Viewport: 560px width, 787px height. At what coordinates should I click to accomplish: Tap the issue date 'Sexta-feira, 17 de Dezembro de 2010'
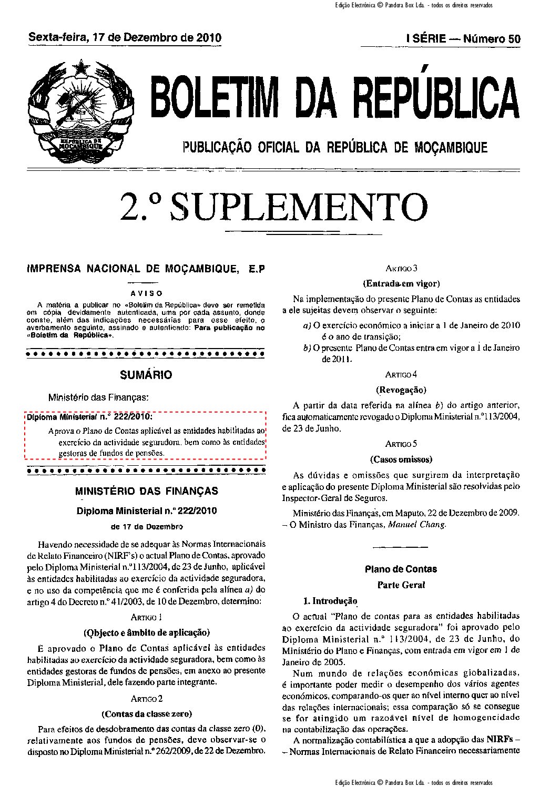click(x=125, y=38)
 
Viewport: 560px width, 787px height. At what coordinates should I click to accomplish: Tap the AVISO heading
click(x=146, y=293)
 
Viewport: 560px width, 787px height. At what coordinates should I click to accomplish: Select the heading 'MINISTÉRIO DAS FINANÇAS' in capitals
click(x=146, y=491)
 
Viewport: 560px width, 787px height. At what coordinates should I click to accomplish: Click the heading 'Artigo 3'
click(x=401, y=268)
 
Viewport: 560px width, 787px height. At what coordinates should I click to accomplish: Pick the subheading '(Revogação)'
click(x=401, y=390)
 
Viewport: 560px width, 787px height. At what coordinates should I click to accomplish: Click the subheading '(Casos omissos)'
click(x=401, y=459)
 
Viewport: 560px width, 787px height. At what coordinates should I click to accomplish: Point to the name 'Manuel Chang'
click(x=416, y=524)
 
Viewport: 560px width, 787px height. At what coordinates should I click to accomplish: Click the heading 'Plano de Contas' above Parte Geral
click(x=401, y=569)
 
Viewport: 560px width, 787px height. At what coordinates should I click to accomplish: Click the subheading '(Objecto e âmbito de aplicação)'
click(x=146, y=632)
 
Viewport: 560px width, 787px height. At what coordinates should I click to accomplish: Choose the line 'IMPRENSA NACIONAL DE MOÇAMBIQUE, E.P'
click(x=146, y=269)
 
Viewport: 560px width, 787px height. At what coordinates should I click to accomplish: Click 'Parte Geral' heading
click(x=401, y=585)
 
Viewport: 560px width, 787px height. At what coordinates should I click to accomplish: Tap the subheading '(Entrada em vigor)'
click(x=401, y=284)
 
